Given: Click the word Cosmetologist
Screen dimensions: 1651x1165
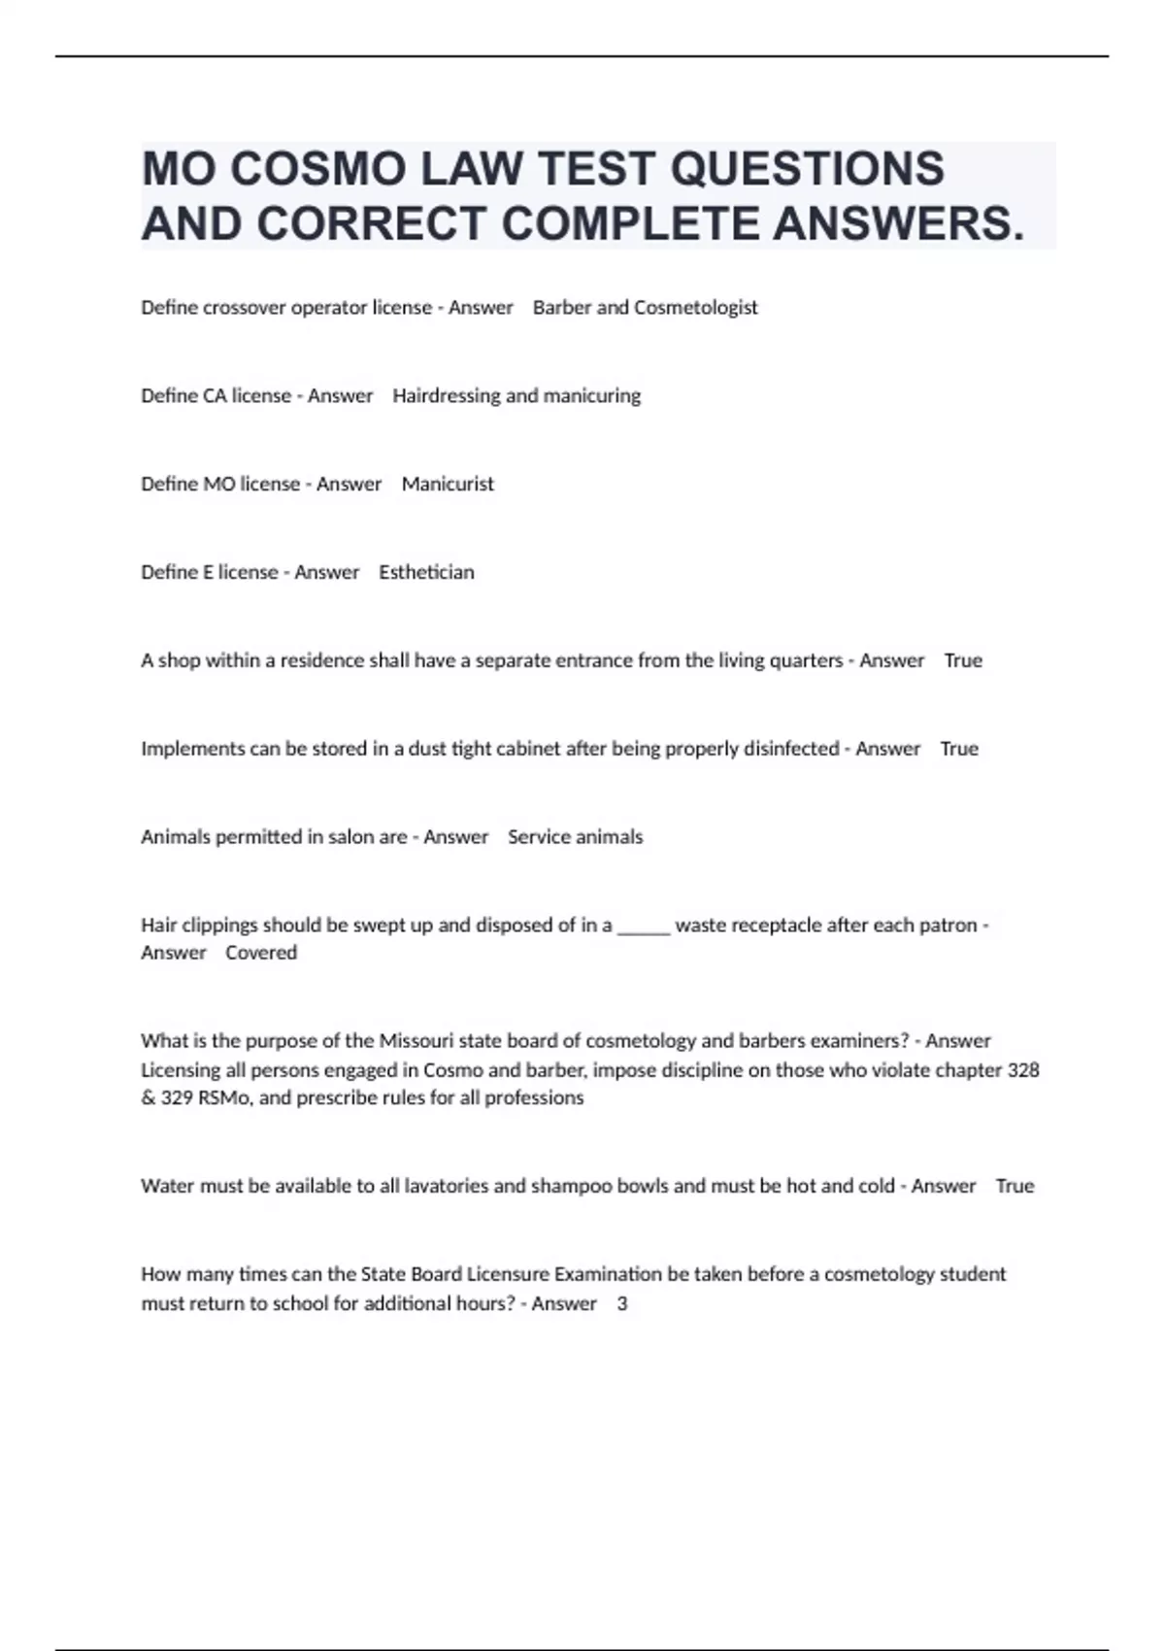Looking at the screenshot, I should tap(695, 308).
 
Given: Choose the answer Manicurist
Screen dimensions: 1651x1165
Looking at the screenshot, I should tap(448, 485).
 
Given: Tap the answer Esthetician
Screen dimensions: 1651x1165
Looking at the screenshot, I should tap(426, 573).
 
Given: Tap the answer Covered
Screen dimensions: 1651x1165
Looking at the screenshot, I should tap(261, 954).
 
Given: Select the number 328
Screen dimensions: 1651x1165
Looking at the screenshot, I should tap(1023, 1070).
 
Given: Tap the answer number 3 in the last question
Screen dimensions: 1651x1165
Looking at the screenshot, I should tap(622, 1304).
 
